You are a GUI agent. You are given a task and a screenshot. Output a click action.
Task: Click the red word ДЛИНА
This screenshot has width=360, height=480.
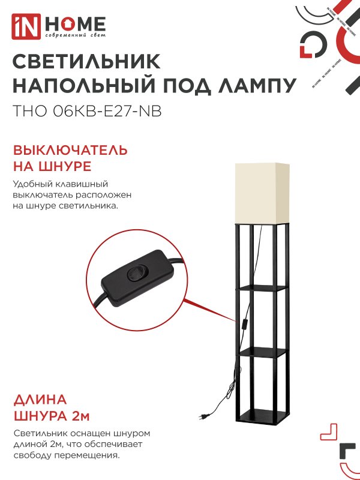(40, 400)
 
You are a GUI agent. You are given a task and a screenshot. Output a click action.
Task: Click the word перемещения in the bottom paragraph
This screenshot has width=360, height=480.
(90, 455)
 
